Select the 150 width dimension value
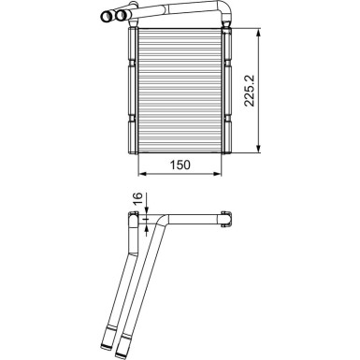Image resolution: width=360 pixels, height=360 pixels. [x=180, y=165]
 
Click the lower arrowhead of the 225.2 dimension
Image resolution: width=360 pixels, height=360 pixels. [x=258, y=149]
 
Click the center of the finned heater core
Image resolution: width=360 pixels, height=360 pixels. [x=180, y=90]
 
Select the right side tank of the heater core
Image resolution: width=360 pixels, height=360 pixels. [x=225, y=90]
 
